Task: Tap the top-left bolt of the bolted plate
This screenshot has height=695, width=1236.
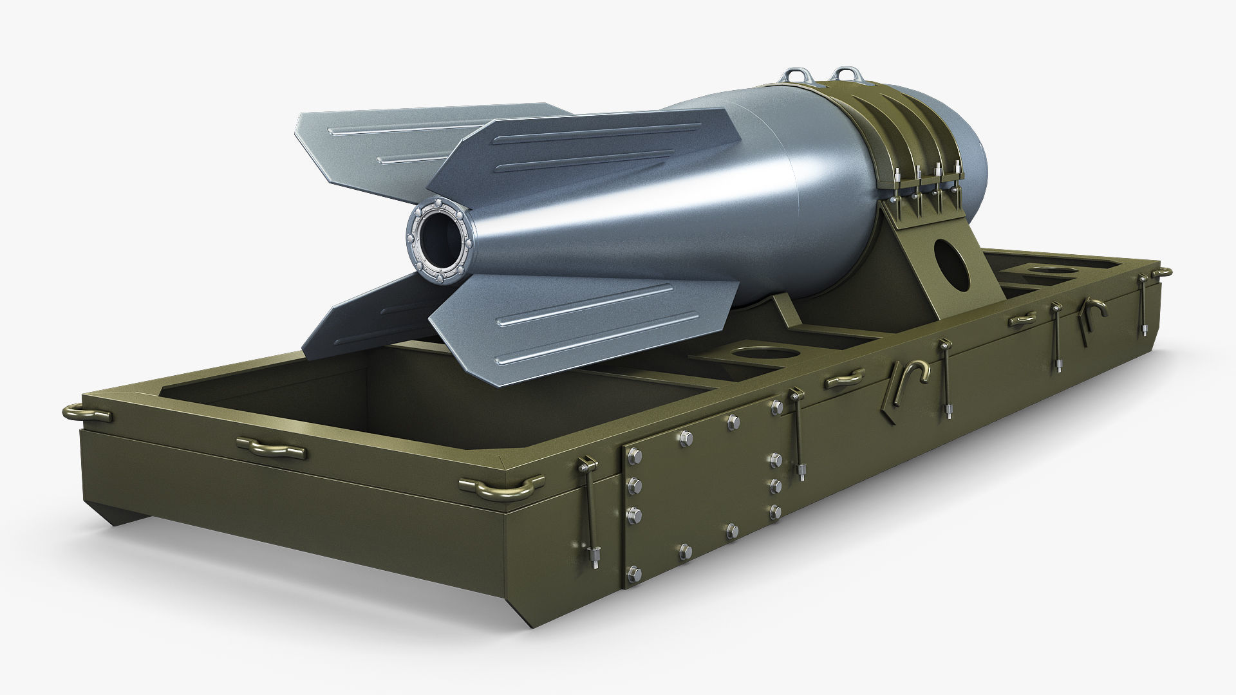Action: coord(633,454)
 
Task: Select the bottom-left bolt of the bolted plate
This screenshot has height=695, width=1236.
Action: coord(634,571)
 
